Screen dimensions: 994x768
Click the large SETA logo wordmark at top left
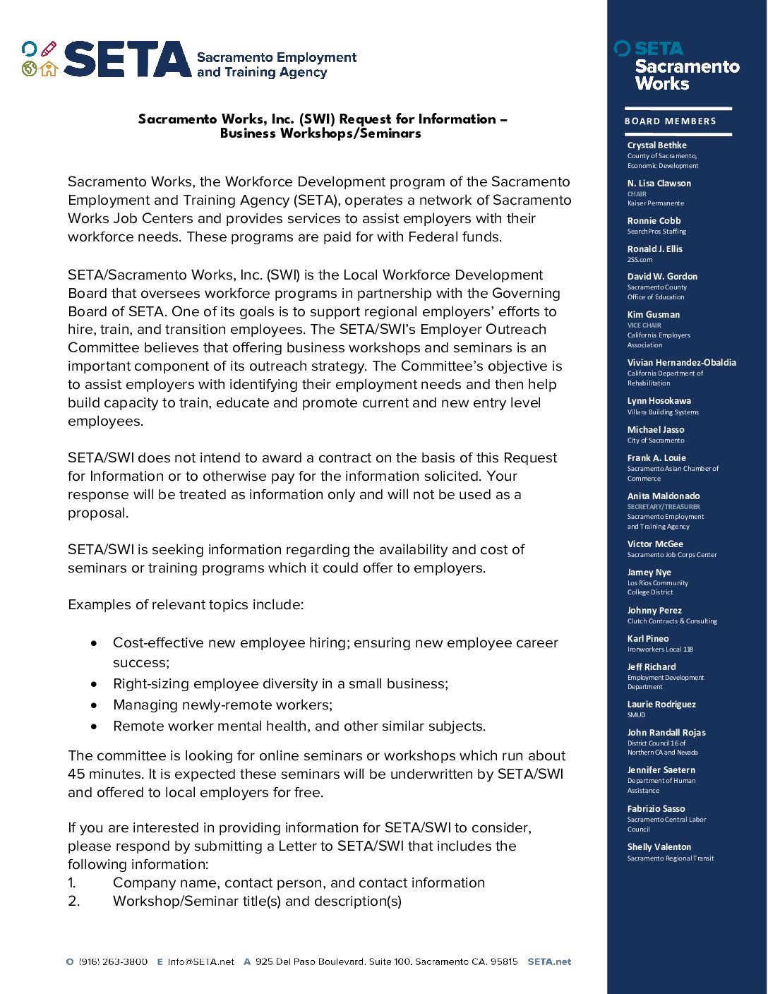127,59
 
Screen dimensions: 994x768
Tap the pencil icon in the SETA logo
48,49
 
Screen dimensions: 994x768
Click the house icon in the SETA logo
48,69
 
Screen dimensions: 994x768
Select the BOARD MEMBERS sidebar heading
670,121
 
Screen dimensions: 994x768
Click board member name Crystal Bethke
656,145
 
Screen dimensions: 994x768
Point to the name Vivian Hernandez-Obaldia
681,363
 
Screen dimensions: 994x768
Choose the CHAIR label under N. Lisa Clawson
637,194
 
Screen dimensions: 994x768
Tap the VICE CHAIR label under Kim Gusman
644,325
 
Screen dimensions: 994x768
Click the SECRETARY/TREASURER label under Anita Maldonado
664,507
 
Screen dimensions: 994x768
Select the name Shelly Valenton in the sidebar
659,847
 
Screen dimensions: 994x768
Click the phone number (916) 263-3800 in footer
113,962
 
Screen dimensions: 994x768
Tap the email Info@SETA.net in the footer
200,962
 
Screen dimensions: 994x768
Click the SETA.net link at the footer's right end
549,962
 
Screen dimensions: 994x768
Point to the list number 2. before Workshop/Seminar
74,902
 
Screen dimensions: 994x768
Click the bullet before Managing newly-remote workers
94,705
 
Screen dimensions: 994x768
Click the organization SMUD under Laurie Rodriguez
636,715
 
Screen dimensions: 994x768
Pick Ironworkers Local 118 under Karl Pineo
660,649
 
